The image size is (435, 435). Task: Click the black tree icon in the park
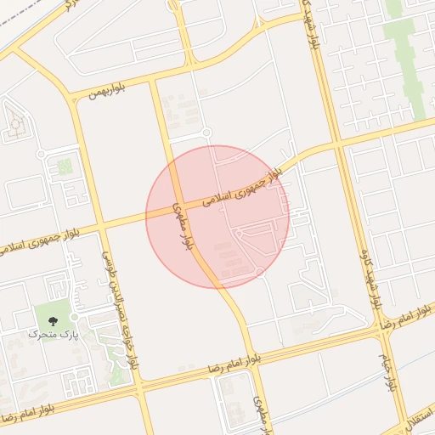click(x=54, y=321)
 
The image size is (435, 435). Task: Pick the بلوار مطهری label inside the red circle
click(x=183, y=224)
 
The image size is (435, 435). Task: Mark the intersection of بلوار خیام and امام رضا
click(x=377, y=328)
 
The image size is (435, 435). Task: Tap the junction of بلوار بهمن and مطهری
click(x=153, y=81)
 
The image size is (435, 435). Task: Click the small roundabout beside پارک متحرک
click(x=74, y=317)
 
